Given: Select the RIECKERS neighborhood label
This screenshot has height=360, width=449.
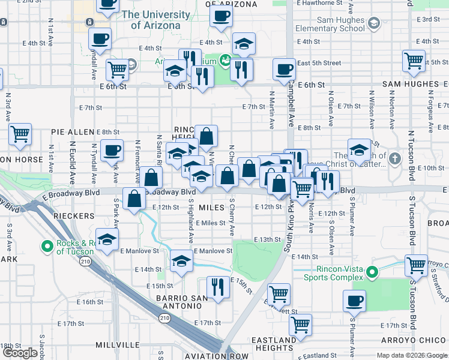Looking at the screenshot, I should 73,215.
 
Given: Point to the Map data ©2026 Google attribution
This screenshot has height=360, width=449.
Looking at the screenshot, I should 411,355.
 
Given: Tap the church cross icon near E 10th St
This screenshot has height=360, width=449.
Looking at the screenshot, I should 394,159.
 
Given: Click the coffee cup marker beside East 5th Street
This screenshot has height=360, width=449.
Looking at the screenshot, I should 283,70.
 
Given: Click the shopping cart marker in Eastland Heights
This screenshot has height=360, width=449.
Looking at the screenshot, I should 300,325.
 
